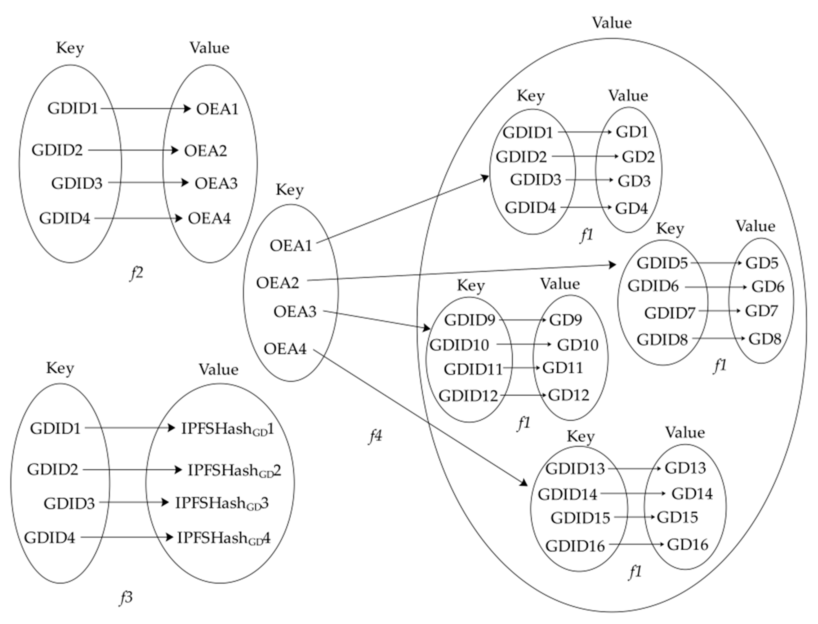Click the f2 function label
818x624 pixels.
pos(137,273)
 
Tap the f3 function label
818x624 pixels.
pos(126,598)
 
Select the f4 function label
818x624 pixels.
pos(375,436)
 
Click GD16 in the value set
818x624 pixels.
pos(687,545)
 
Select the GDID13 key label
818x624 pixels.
pos(575,469)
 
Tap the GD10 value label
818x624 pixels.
pos(578,345)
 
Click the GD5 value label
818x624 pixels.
pos(762,263)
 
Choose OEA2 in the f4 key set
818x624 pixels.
pos(278,283)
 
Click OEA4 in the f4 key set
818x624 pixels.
pos(285,349)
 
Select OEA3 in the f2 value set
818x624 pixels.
pos(216,183)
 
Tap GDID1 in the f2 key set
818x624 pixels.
pos(73,109)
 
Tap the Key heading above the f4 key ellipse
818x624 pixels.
pos(289,190)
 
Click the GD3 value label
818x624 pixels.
pos(634,181)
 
